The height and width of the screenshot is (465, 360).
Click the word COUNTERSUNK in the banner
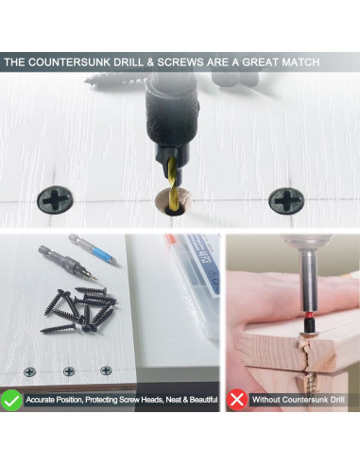69,62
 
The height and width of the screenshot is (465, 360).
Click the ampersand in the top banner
150,62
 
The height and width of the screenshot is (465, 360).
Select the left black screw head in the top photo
55,199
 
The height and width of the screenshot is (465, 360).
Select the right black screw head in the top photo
286,201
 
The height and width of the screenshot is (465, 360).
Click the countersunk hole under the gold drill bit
174,201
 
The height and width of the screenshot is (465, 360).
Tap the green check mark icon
11,400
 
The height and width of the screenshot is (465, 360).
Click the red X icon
237,400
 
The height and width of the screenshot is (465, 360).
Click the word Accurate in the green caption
40,400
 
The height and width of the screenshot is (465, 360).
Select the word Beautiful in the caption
203,400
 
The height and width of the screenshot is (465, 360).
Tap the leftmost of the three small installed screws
29,372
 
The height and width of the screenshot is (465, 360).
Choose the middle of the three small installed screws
69,371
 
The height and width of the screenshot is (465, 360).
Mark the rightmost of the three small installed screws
106,370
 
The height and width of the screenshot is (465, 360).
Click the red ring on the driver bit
307,315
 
